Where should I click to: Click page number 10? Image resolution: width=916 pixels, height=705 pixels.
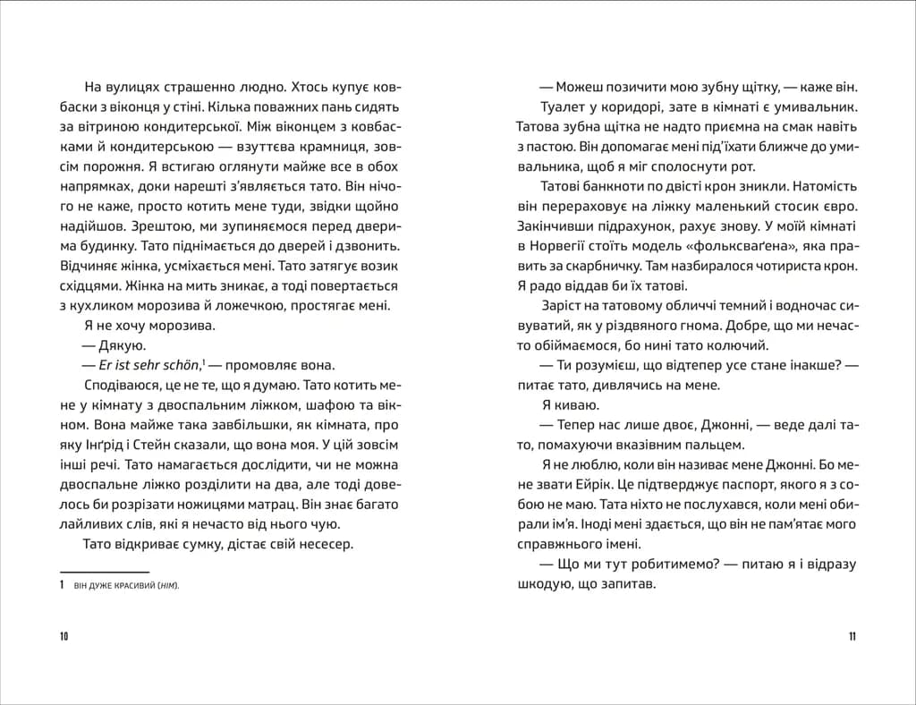tap(64, 636)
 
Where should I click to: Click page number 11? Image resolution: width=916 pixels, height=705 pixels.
tap(852, 636)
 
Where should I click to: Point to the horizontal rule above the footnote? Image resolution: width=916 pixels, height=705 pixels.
tap(104, 571)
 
